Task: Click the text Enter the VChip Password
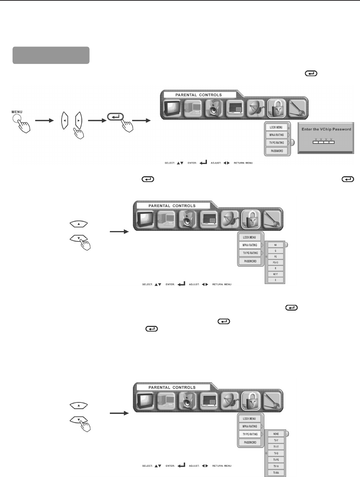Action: tap(326, 129)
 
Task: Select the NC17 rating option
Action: tap(276, 274)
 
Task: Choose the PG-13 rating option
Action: tap(276, 262)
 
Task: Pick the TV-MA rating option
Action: tap(276, 473)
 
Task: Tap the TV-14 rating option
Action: tap(276, 466)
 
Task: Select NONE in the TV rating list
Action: tap(276, 434)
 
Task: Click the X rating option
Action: tap(276, 280)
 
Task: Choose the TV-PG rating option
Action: tap(276, 460)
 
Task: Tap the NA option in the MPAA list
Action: tap(276, 245)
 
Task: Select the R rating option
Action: tap(276, 268)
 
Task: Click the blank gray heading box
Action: tap(51, 55)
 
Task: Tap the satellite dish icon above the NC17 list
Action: tap(230, 220)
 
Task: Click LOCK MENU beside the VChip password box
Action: tap(276, 127)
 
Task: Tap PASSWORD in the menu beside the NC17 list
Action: tap(250, 261)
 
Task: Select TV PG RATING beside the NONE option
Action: tap(250, 435)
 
